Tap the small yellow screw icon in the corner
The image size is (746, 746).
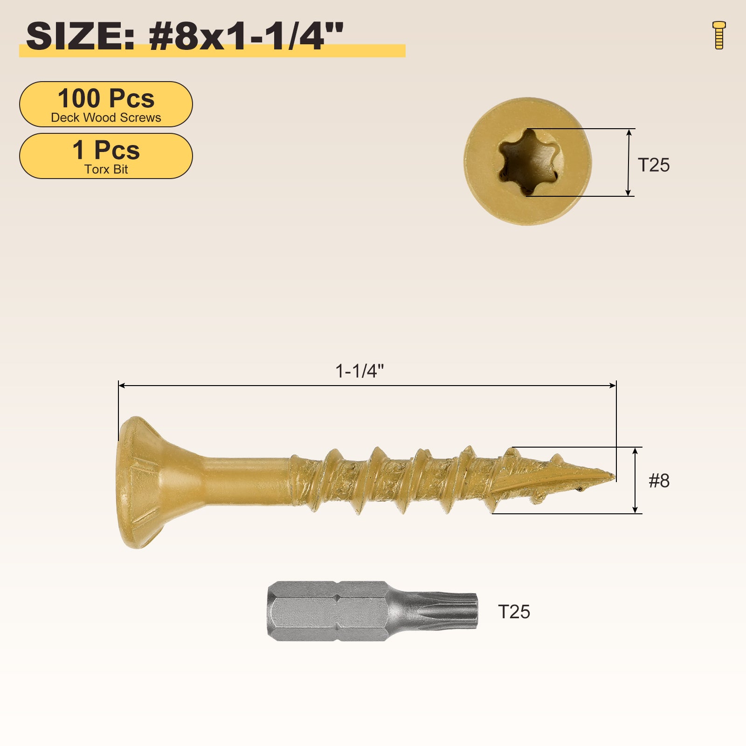(719, 35)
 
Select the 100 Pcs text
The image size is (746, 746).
(106, 98)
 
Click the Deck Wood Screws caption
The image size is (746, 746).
(106, 117)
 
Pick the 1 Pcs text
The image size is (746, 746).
(106, 150)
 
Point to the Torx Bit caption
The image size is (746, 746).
(106, 169)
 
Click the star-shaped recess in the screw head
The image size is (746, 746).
(528, 162)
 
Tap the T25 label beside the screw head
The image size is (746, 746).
(654, 165)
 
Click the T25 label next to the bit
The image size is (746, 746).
(514, 612)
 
